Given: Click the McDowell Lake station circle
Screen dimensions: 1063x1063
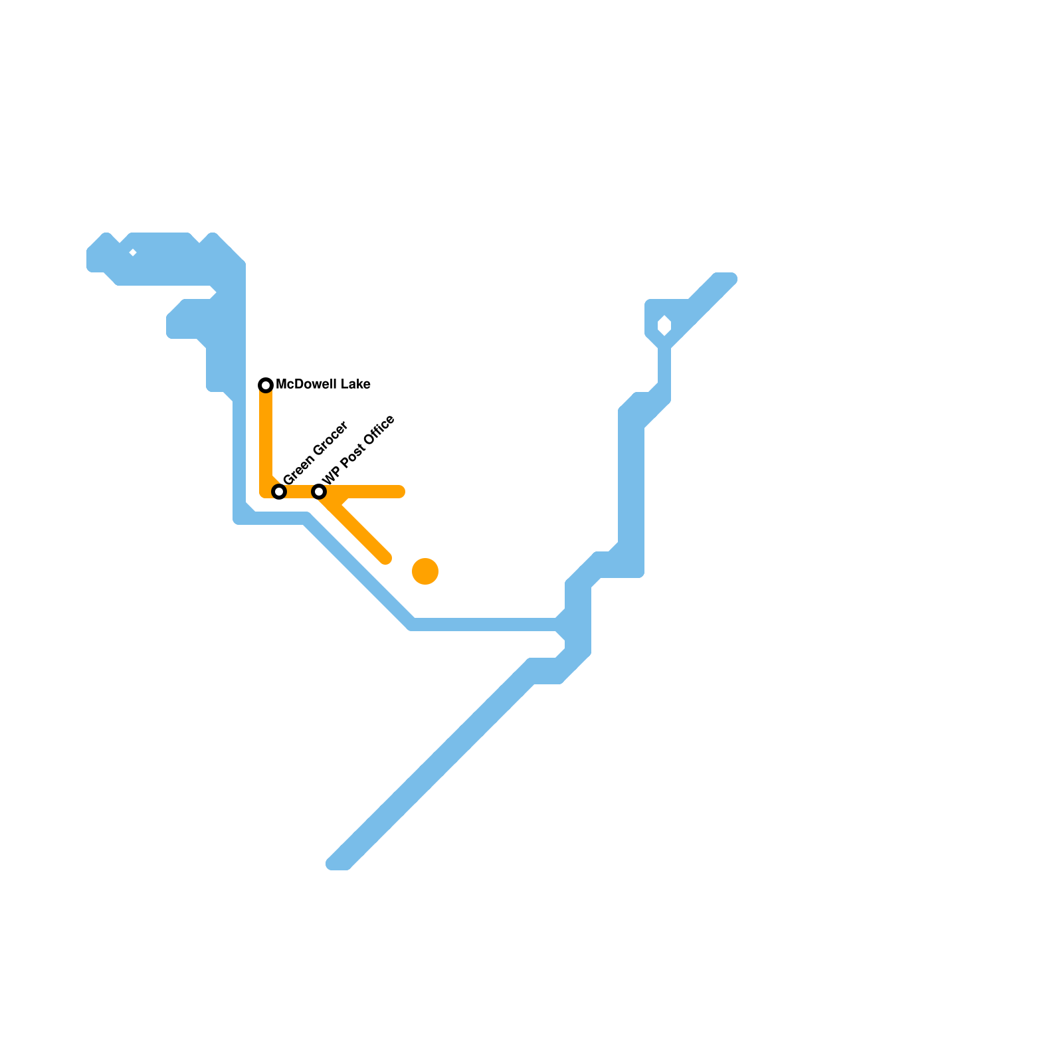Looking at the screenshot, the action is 266,385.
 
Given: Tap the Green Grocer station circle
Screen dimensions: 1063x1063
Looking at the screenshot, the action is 280,492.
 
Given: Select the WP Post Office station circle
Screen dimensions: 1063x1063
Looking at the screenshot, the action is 319,492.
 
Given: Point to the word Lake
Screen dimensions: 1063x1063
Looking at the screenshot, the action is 354,385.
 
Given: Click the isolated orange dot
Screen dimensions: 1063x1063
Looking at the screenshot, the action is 425,571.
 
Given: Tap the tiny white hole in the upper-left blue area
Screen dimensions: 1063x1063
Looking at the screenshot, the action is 133,252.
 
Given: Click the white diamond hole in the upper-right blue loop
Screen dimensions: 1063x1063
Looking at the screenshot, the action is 664,326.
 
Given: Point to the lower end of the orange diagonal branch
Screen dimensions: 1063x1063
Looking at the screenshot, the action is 385,558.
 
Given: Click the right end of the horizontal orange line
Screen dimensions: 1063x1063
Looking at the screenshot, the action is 400,492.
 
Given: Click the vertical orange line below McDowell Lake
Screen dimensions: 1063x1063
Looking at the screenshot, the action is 266,438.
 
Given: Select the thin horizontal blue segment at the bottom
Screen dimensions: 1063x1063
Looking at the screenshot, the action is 485,625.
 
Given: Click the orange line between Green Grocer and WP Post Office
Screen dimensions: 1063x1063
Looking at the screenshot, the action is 299,492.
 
